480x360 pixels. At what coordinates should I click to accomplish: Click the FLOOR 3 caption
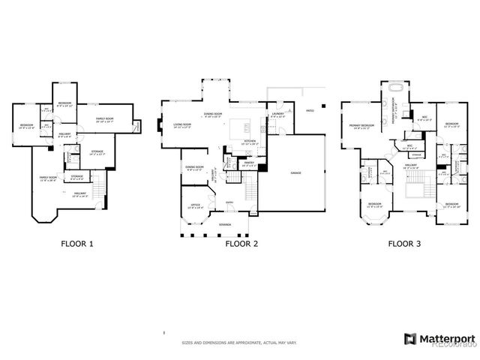(x=403, y=244)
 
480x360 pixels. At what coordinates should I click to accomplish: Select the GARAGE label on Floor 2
(x=295, y=172)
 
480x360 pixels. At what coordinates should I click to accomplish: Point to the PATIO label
(x=309, y=110)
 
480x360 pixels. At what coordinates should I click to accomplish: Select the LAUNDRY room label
(x=277, y=115)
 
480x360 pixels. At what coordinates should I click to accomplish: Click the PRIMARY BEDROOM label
(x=361, y=125)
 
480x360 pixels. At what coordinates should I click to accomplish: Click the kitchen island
(x=241, y=124)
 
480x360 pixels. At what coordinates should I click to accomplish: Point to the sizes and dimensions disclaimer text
(x=239, y=343)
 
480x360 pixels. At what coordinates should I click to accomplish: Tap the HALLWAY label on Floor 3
(x=411, y=166)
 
